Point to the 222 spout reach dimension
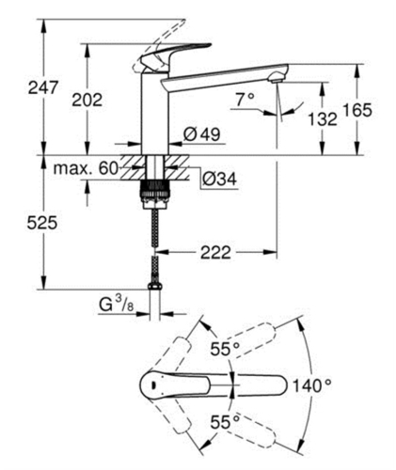[x=215, y=251]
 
